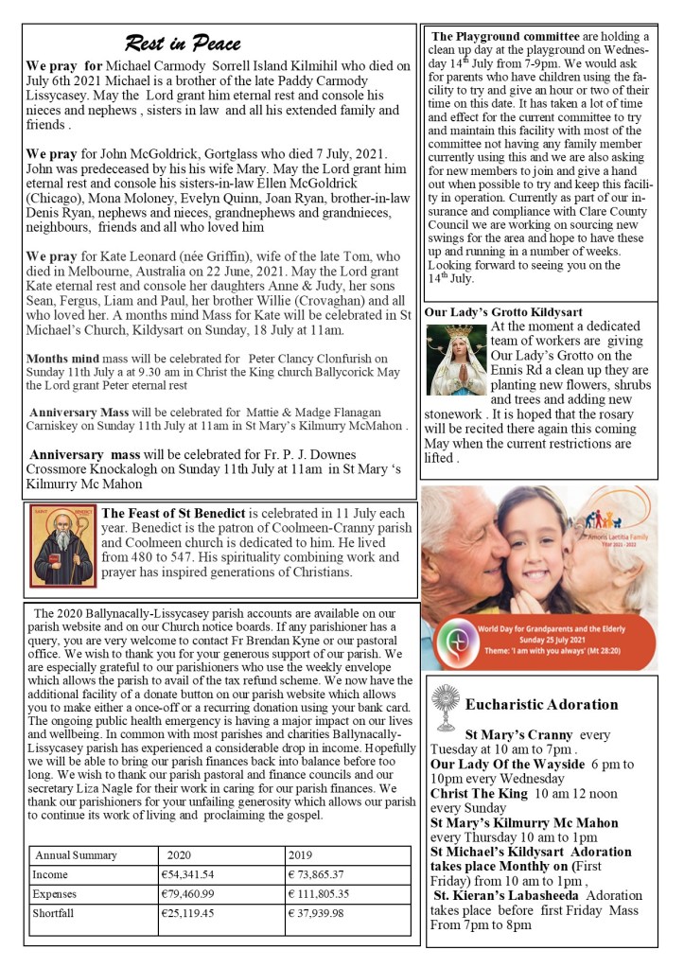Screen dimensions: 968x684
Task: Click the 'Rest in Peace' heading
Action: [x=183, y=44]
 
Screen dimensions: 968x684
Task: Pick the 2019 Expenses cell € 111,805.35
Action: [x=319, y=893]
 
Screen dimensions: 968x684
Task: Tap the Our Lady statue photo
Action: [x=456, y=359]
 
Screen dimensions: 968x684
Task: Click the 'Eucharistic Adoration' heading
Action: [x=542, y=704]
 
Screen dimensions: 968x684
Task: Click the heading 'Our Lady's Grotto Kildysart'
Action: [x=503, y=311]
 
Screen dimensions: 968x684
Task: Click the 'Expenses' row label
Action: [x=54, y=893]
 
